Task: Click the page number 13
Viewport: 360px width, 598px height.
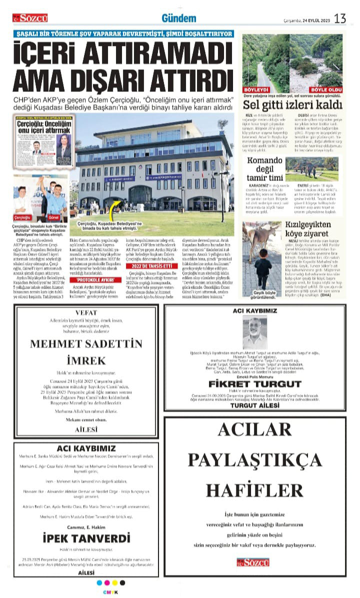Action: click(x=340, y=19)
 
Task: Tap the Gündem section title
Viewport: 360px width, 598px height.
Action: click(x=178, y=19)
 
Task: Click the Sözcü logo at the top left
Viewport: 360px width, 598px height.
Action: click(x=30, y=18)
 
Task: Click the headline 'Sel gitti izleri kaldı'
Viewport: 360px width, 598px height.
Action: click(x=292, y=105)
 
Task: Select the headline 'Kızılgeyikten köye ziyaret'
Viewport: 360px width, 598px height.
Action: click(x=313, y=229)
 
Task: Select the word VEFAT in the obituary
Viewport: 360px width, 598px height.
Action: click(x=85, y=312)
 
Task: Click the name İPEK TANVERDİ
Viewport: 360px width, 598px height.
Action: click(x=86, y=538)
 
